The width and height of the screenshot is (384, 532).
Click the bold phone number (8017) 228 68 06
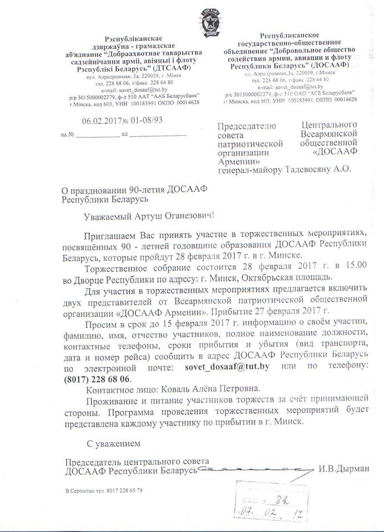tap(98, 379)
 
